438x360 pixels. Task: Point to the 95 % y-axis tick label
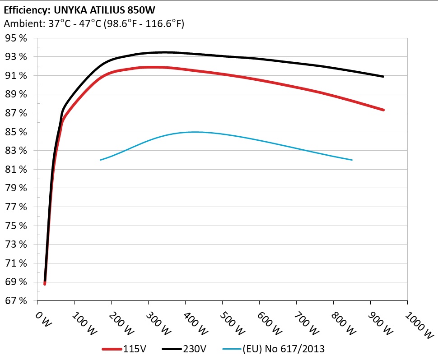coord(16,38)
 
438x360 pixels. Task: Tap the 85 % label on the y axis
coord(16,132)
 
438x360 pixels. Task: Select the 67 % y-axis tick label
coord(16,301)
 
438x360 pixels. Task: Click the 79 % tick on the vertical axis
coord(16,189)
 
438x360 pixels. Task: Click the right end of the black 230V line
coord(383,77)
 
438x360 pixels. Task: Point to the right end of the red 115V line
coord(383,110)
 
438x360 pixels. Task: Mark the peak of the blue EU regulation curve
coord(194,132)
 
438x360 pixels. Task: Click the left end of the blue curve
coord(100,160)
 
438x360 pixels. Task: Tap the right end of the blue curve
coord(352,160)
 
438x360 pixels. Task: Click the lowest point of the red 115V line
coord(45,284)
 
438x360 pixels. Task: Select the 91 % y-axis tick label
coord(16,76)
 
